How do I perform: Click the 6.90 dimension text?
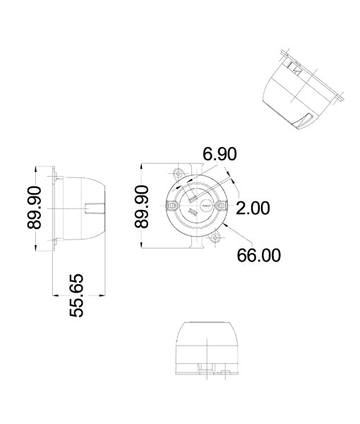point(220,155)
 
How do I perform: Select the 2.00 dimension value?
point(252,208)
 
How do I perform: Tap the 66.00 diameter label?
point(258,255)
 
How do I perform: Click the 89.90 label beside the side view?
point(35,207)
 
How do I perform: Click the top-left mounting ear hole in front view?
point(176,172)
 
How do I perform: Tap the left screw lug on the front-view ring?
point(172,205)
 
